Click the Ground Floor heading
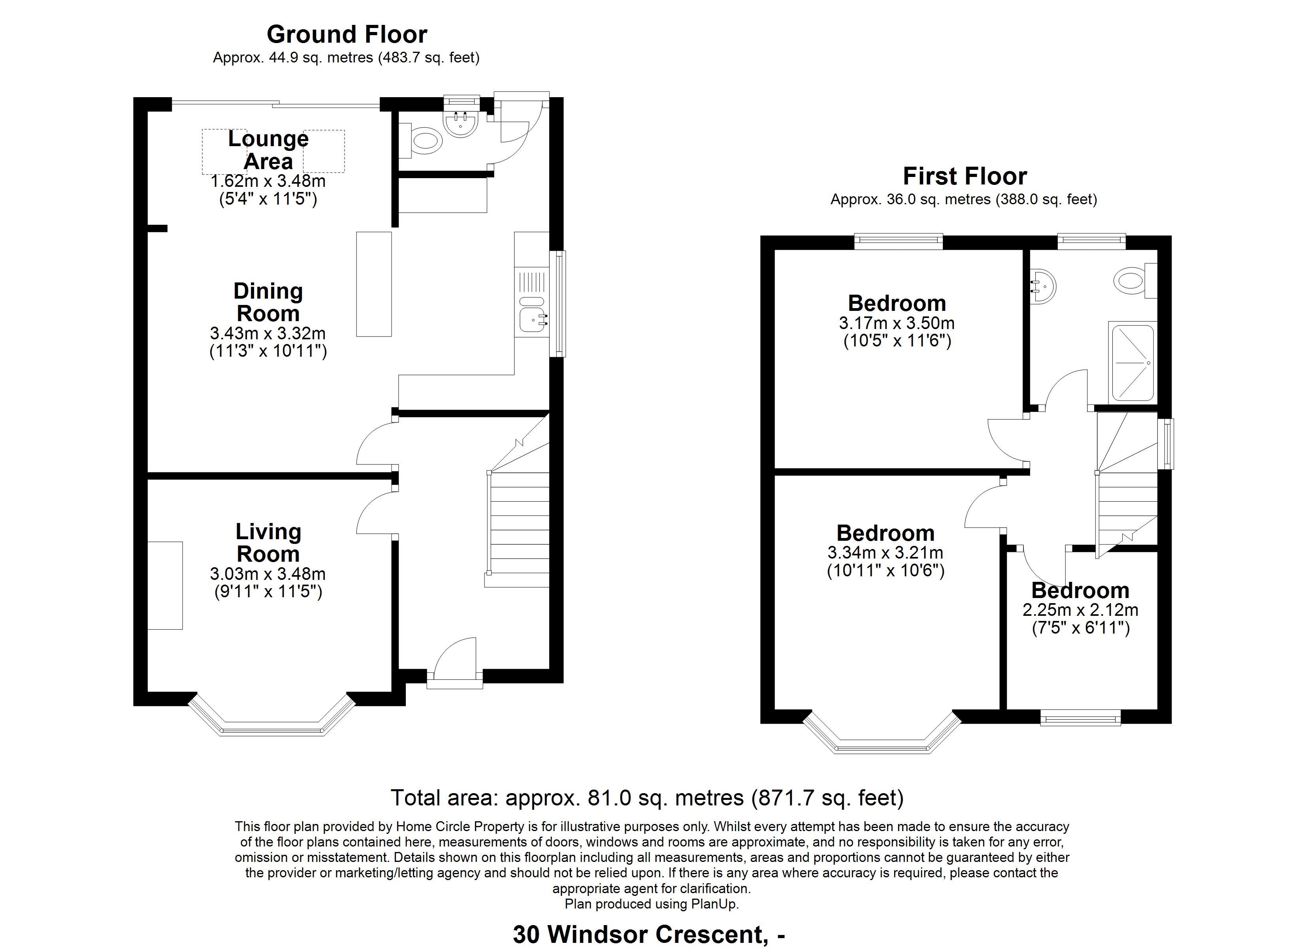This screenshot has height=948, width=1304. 347,34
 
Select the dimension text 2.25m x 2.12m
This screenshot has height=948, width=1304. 1080,609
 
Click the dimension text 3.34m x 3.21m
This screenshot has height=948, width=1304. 886,553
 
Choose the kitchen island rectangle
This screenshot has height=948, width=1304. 374,284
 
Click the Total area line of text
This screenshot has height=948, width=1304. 647,798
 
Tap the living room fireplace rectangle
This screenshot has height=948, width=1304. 166,585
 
